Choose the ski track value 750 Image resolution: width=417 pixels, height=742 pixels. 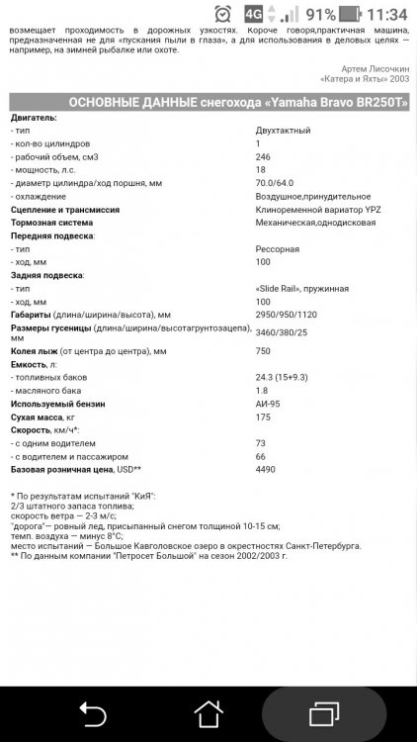click(x=263, y=351)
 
